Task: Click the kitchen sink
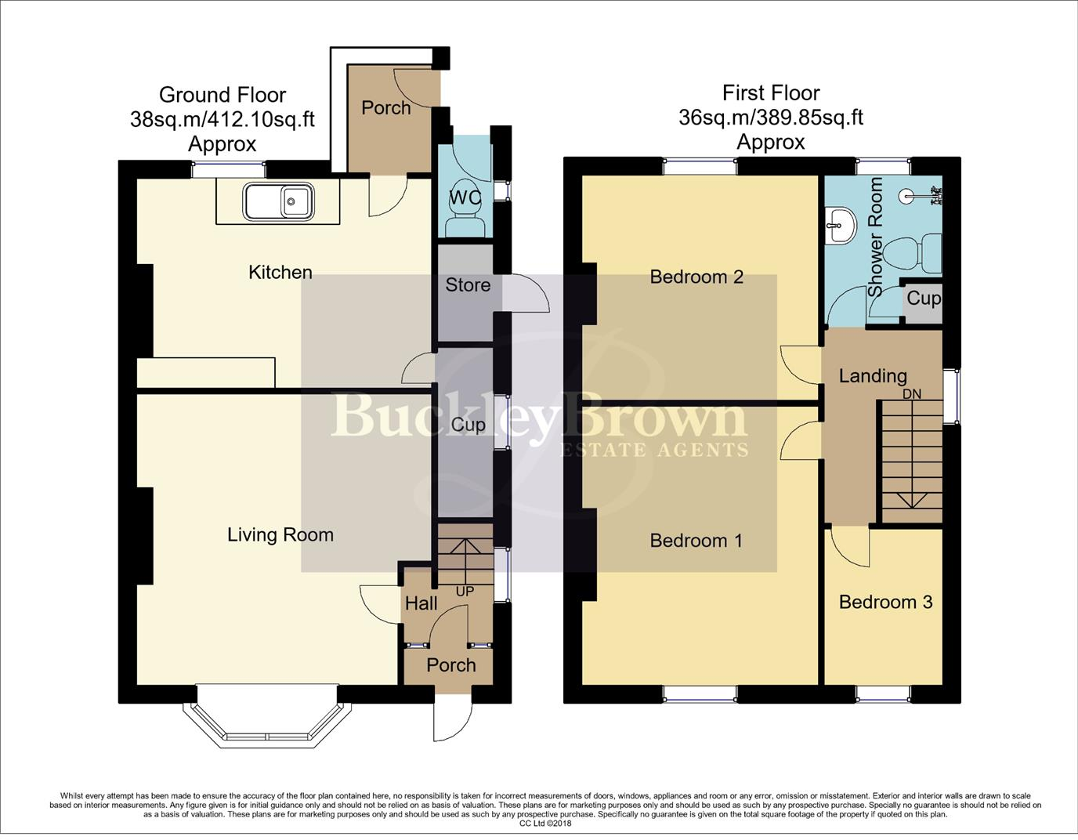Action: point(278,202)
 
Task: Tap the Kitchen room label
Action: point(280,273)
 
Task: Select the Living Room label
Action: point(280,535)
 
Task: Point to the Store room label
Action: point(468,284)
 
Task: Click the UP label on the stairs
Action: point(465,592)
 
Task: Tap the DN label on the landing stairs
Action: point(912,394)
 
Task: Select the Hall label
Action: point(421,603)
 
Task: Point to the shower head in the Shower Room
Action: point(908,196)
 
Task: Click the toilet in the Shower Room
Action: point(912,255)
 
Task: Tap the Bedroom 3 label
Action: point(886,603)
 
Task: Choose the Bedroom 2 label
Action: point(696,277)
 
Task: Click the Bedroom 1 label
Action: point(696,541)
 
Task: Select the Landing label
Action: point(873,377)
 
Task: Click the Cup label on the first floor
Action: point(924,299)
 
